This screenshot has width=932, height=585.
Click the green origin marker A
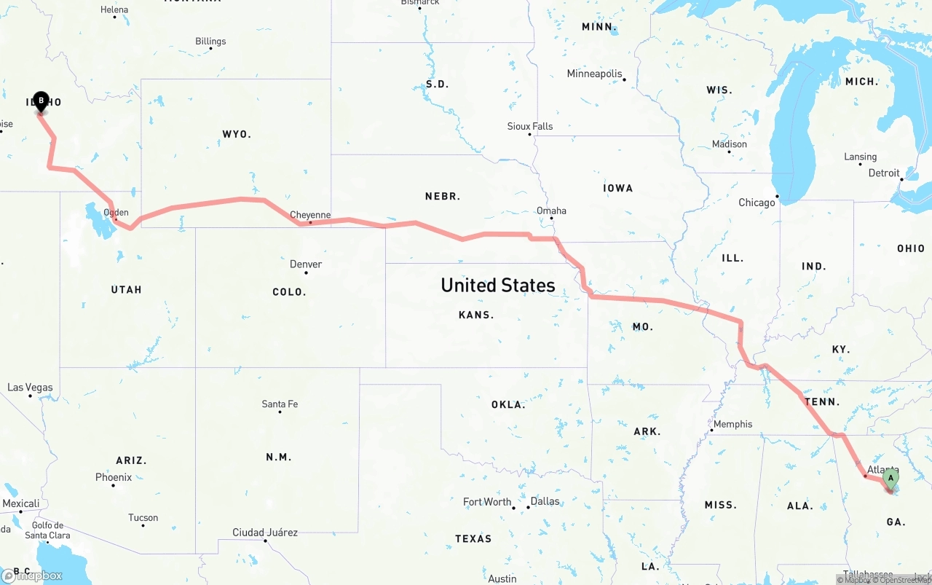coord(890,479)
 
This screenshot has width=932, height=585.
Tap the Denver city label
coord(306,264)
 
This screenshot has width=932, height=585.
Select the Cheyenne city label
coord(310,215)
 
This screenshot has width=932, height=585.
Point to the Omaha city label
coord(551,211)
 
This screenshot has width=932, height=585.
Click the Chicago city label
coord(757,203)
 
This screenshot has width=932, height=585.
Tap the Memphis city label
coord(733,424)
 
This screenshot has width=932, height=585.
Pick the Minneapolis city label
coord(595,74)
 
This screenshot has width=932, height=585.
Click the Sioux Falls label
coord(530,126)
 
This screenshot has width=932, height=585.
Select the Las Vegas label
coord(30,388)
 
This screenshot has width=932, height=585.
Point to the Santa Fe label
coord(280,404)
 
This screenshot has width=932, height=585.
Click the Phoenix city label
coord(114,477)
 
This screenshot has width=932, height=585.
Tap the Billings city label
coord(210,42)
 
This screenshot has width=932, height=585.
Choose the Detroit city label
coord(884,173)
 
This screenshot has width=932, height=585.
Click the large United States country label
coord(498,285)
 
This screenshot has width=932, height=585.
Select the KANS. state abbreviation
coord(476,315)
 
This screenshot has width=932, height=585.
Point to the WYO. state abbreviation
coord(237,134)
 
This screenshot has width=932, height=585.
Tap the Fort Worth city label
coord(488,502)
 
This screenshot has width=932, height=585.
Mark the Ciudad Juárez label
coord(265,533)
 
